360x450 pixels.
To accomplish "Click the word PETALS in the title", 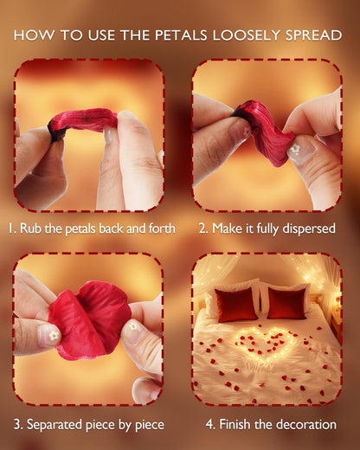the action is [x=181, y=35].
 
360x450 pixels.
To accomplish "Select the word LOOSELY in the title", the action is [x=246, y=35].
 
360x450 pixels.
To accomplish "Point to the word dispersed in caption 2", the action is [x=309, y=228].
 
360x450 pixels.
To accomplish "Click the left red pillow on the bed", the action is [x=235, y=305].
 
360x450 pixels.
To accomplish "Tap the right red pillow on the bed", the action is [x=286, y=303].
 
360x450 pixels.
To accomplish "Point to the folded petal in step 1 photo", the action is [x=83, y=122].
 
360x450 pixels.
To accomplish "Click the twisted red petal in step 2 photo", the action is [x=262, y=131].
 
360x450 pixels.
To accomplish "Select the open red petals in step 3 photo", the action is [x=89, y=320].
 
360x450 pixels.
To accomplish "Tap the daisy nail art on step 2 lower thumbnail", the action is [x=294, y=149].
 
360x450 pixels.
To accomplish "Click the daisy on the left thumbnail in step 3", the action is [x=54, y=335].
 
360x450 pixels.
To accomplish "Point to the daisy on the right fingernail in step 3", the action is [x=133, y=326].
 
